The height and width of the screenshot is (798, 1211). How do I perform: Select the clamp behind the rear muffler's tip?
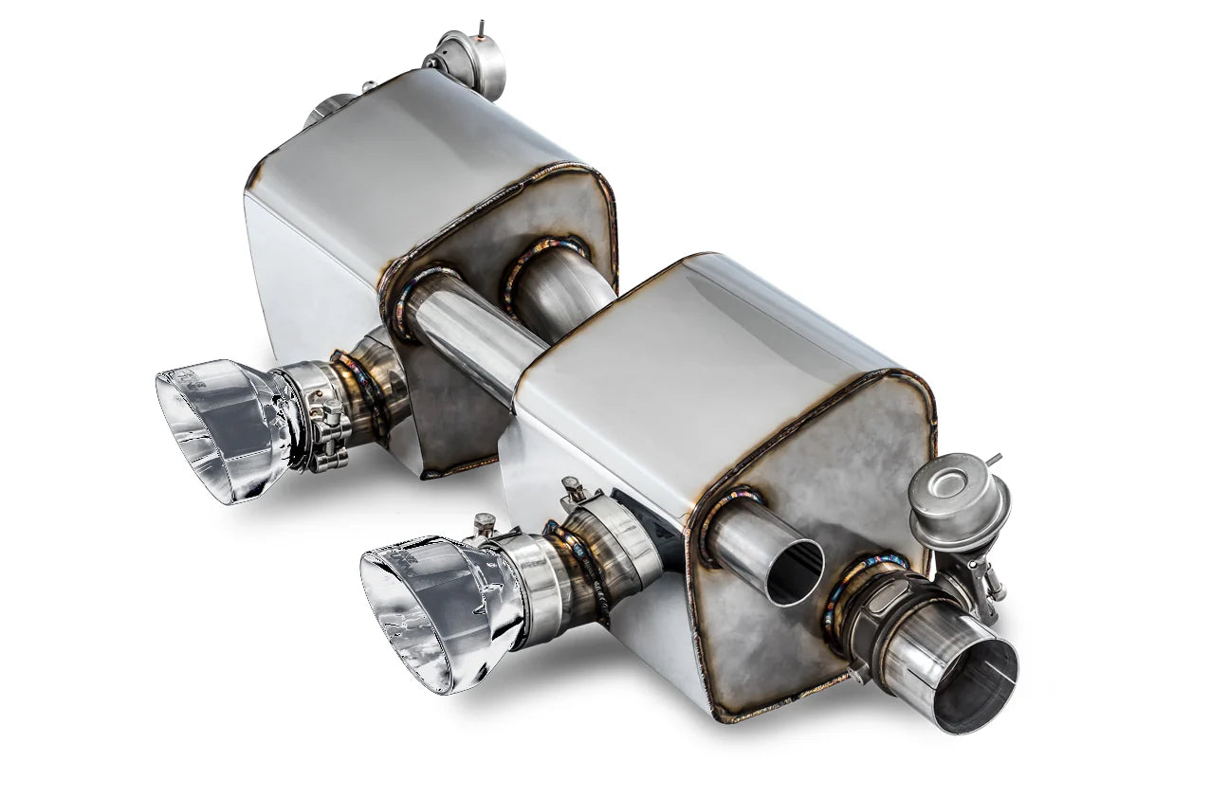tap(318, 417)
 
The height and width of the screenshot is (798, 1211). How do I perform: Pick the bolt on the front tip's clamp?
tap(484, 523)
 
